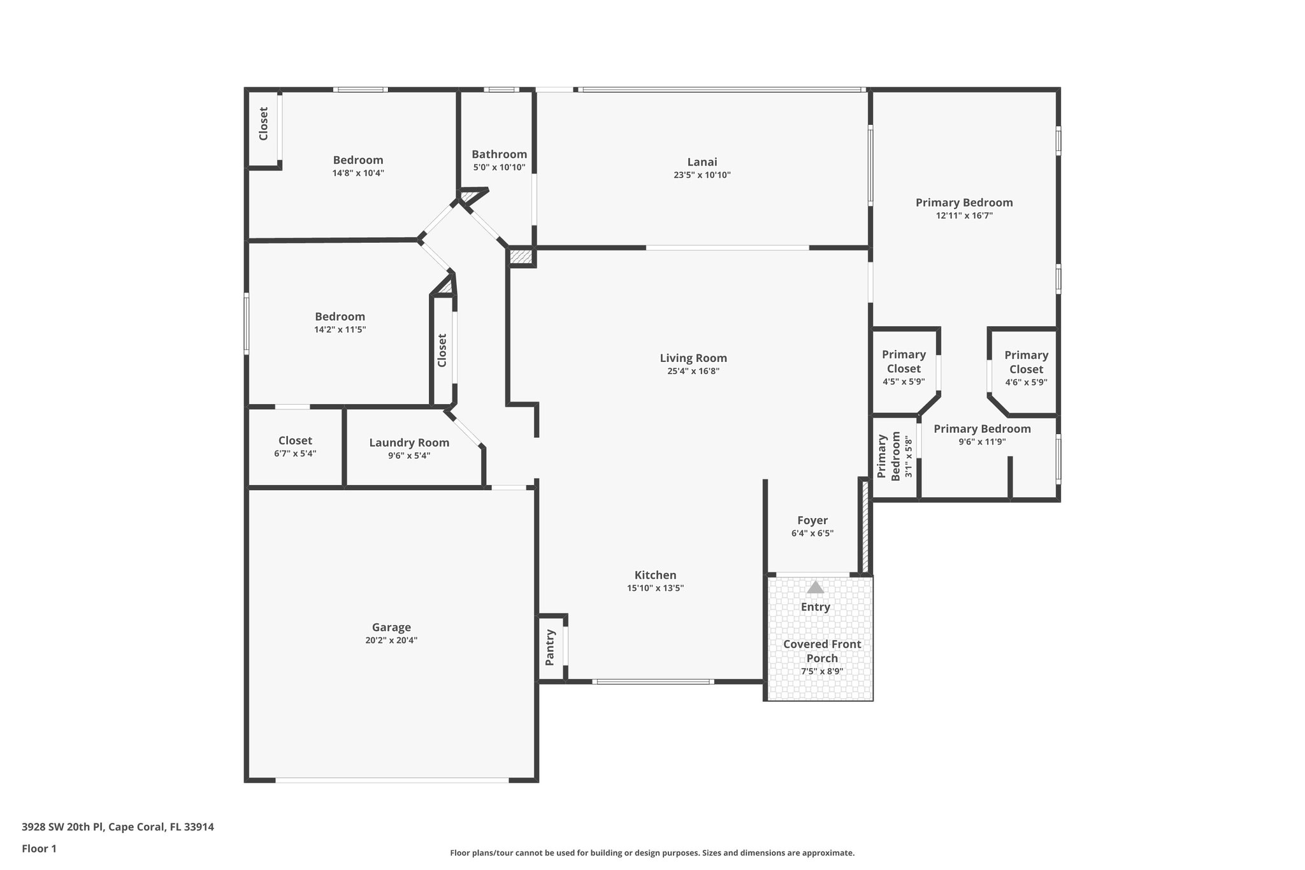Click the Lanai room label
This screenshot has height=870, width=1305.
coord(702,162)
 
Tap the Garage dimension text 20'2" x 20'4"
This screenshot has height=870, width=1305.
coord(391,641)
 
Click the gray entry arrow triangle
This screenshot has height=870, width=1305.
coord(815,587)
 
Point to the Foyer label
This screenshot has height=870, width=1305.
coord(812,520)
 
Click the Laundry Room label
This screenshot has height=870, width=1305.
coord(409,442)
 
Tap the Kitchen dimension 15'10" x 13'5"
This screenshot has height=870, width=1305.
coord(655,588)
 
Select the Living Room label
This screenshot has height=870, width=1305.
coord(693,358)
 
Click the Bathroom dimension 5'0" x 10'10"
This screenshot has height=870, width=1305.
coord(499,168)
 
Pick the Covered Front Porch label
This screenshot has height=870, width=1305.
coord(822,651)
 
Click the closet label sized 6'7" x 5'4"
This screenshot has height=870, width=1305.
coord(295,440)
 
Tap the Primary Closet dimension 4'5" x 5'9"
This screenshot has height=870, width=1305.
coord(904,382)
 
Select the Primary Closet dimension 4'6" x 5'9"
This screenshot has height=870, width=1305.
coord(1026,382)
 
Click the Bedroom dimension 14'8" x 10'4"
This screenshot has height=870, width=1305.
coord(358,173)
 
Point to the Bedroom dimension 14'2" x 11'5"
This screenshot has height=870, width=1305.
coord(340,330)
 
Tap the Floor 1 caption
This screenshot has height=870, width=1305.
coord(40,848)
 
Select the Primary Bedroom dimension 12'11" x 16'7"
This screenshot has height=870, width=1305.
coord(964,215)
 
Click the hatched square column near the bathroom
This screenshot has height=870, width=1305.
coord(521,257)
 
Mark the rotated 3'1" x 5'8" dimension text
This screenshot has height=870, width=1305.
coord(909,457)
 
